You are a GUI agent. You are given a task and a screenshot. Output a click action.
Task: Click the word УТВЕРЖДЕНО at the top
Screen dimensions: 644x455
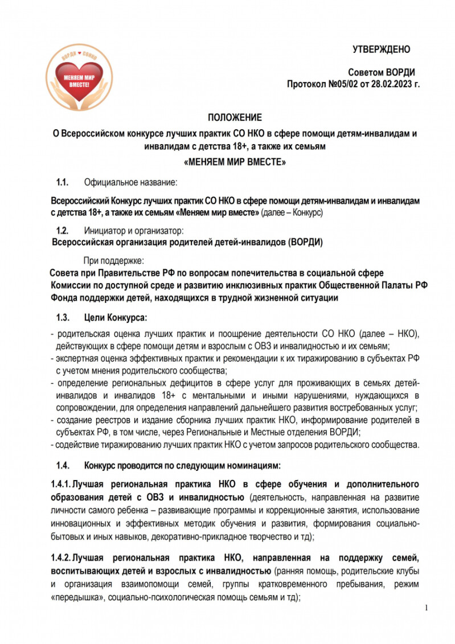[x=381, y=50]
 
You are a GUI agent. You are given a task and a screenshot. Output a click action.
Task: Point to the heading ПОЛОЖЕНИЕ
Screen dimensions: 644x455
[x=235, y=118]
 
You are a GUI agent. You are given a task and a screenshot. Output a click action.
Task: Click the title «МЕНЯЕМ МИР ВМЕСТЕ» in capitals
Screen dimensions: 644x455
[x=235, y=162]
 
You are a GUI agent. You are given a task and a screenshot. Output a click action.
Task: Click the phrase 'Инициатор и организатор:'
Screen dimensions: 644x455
[x=134, y=231]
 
